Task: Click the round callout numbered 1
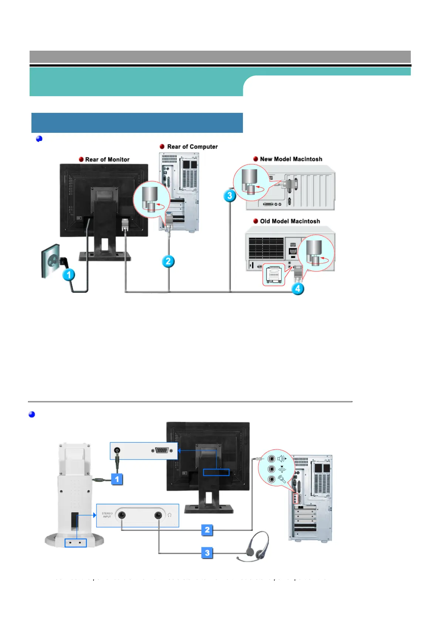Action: click(68, 275)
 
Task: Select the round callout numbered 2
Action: click(168, 262)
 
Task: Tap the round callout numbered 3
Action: click(230, 195)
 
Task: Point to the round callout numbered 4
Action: click(298, 288)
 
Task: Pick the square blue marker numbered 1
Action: click(117, 479)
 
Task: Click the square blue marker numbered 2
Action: click(207, 530)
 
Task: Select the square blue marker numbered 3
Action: click(207, 553)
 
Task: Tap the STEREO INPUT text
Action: click(107, 515)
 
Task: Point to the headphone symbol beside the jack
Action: click(169, 515)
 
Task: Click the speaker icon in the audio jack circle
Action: click(282, 459)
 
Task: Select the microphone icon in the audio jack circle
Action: click(282, 479)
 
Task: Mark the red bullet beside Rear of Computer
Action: click(162, 147)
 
